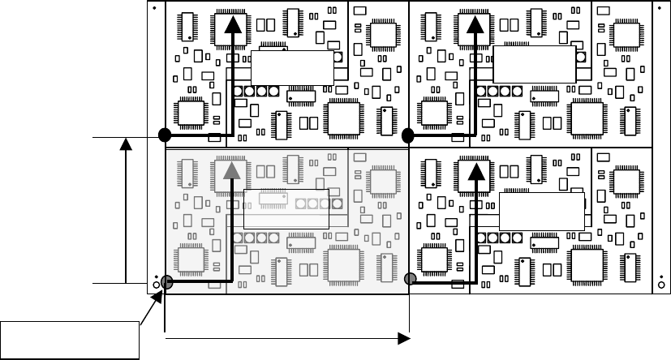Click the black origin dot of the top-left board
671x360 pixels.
point(164,135)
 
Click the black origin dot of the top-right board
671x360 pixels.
point(408,135)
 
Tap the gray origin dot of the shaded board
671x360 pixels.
point(166,282)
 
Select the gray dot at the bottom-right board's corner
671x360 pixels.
point(410,280)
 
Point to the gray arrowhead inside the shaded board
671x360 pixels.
point(233,169)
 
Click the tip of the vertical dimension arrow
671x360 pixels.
point(126,143)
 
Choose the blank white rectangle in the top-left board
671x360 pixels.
point(292,67)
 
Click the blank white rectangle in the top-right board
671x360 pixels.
point(534,65)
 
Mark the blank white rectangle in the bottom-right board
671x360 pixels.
point(541,212)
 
